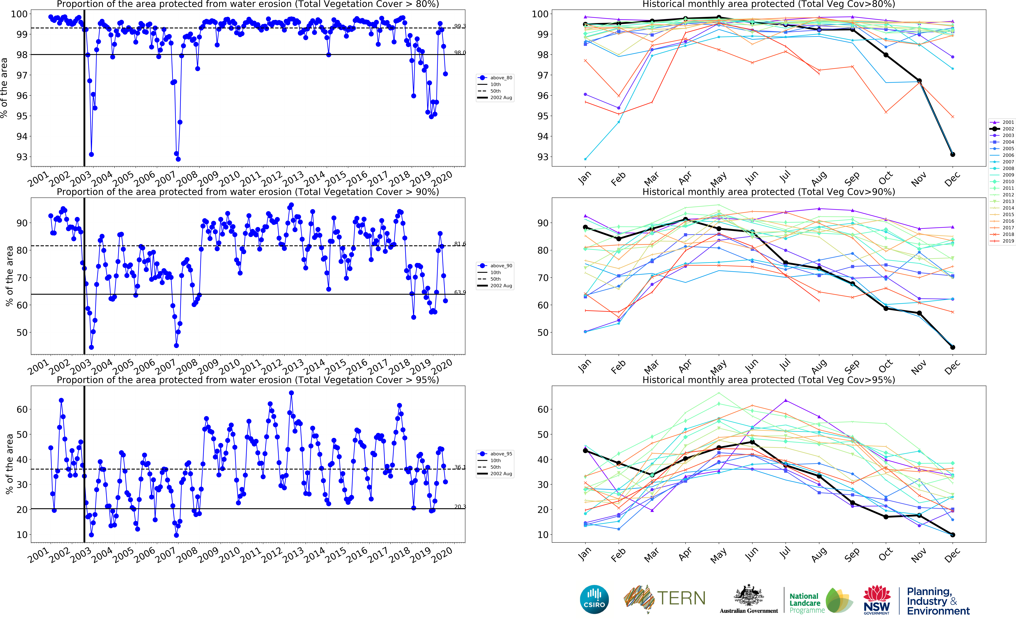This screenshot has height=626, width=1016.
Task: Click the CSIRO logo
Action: pyautogui.click(x=594, y=599)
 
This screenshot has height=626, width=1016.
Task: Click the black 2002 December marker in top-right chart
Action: pyautogui.click(x=953, y=154)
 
